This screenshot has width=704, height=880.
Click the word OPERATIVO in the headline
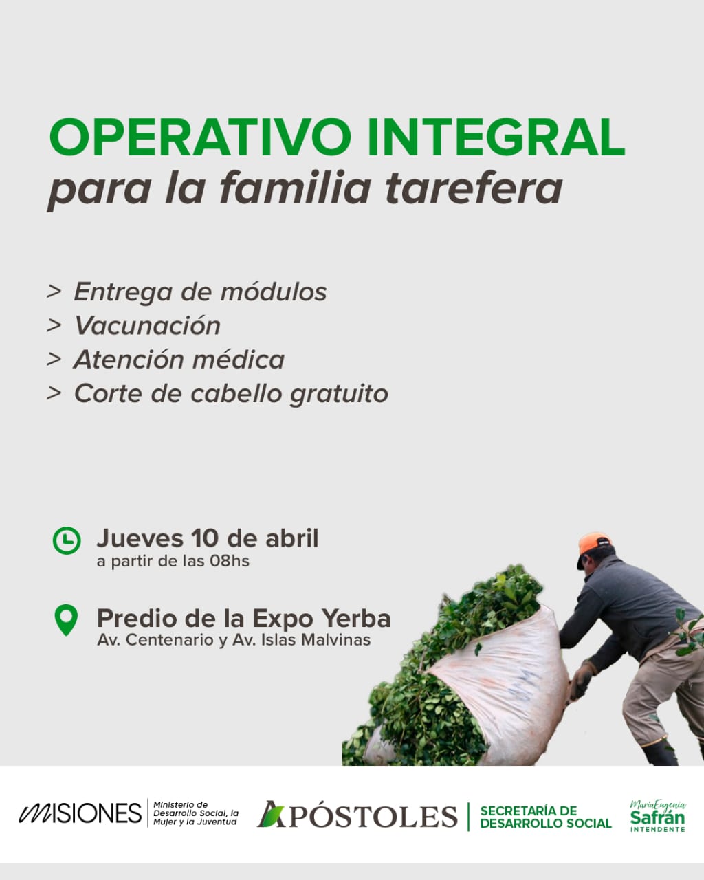(x=200, y=137)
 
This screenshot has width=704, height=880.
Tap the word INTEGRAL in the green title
(x=496, y=137)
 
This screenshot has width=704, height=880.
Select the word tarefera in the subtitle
(x=474, y=188)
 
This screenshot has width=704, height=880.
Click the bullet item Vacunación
(x=147, y=325)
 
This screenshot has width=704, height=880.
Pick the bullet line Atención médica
(x=179, y=360)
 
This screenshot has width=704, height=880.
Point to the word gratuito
(x=339, y=394)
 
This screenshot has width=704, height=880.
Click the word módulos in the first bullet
(x=274, y=291)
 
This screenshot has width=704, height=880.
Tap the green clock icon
(x=67, y=540)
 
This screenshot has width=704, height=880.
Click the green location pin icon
(x=66, y=619)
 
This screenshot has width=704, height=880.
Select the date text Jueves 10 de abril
(x=208, y=538)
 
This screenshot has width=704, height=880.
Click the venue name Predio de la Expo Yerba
(x=244, y=618)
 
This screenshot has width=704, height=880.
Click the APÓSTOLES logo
(x=357, y=815)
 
